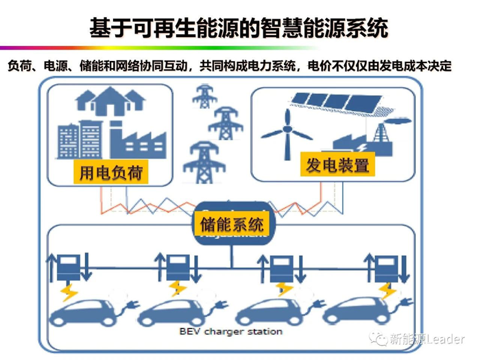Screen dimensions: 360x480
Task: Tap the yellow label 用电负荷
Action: (111, 173)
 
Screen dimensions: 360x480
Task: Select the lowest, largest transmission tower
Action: (204, 163)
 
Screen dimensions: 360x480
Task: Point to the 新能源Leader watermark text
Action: (427, 339)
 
